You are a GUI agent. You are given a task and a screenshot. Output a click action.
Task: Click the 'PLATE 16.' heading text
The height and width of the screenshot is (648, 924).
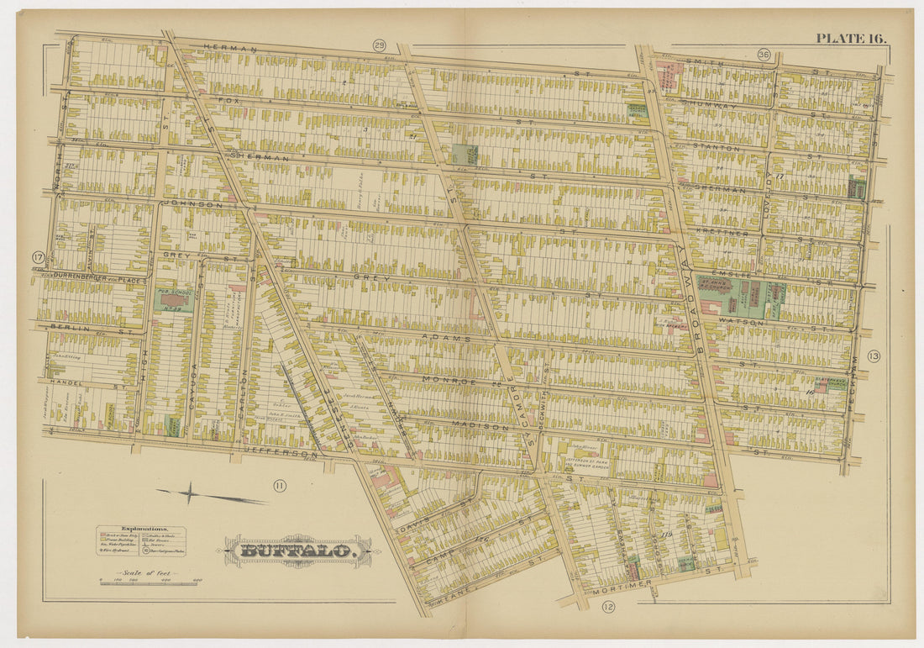pyautogui.click(x=850, y=38)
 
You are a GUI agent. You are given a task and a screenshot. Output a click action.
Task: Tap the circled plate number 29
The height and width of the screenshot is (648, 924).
pyautogui.click(x=379, y=45)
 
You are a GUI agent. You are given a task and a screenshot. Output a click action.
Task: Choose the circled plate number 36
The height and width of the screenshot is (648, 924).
pyautogui.click(x=763, y=55)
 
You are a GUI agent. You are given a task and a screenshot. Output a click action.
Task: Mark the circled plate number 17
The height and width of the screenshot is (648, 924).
pyautogui.click(x=38, y=257)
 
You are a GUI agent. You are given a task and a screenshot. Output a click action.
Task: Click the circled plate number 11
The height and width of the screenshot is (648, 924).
pyautogui.click(x=279, y=484)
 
